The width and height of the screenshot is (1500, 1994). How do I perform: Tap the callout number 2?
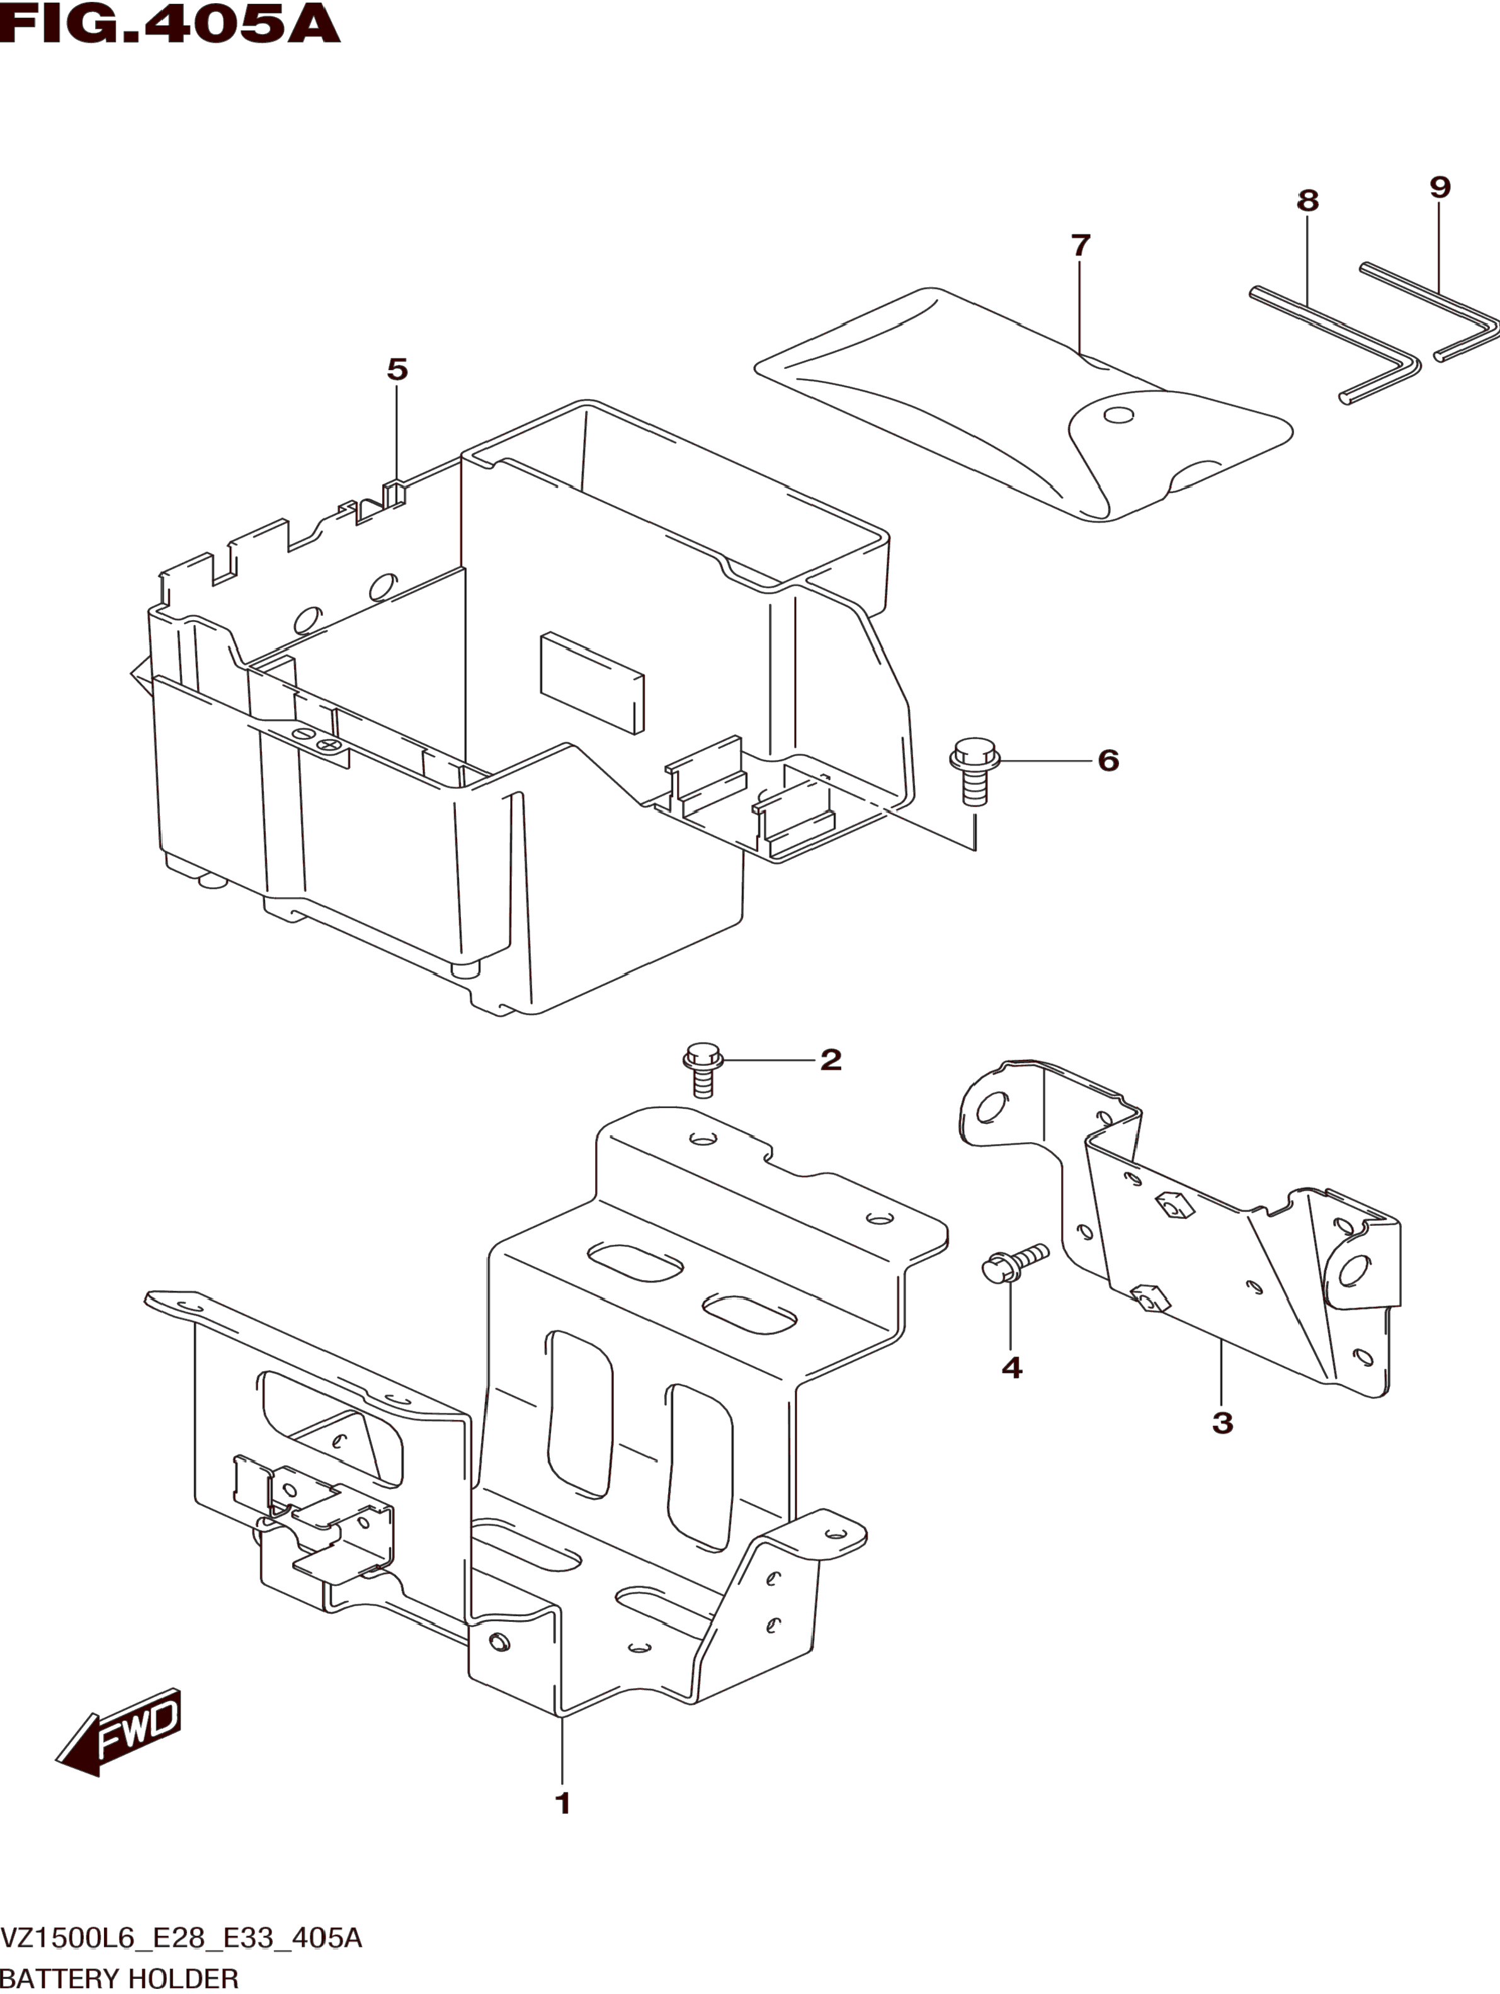click(x=830, y=1058)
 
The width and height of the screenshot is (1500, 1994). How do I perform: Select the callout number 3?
click(x=1222, y=1422)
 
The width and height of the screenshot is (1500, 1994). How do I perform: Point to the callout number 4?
click(x=1011, y=1368)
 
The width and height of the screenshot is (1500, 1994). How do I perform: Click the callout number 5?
click(x=397, y=369)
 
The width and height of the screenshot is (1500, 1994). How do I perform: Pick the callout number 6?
click(x=1108, y=760)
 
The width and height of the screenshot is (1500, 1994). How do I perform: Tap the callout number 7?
click(x=1081, y=244)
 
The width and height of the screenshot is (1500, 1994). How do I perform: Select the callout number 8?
click(x=1307, y=200)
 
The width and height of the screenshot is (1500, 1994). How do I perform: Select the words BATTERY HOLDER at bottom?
click(x=120, y=1978)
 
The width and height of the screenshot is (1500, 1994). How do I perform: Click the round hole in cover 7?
click(x=1118, y=416)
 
